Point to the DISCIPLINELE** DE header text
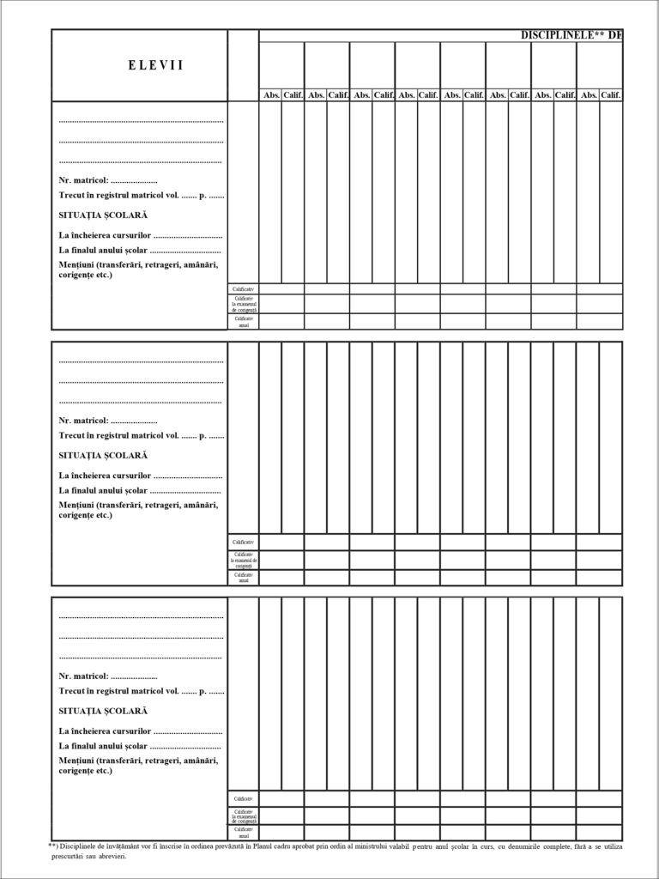coord(571,35)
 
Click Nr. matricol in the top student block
coord(83,180)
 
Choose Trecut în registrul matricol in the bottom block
coord(118,690)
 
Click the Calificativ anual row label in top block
coord(244,322)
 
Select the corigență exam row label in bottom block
coord(244,815)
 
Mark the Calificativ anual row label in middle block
coord(244,578)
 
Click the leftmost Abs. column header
coord(271,95)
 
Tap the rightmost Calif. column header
coord(611,95)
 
